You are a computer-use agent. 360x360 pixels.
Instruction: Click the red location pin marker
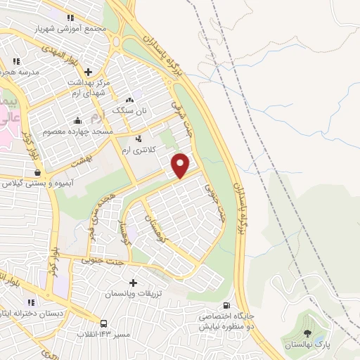pyautogui.click(x=181, y=165)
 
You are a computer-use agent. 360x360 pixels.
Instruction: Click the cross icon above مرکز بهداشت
pyautogui.click(x=88, y=72)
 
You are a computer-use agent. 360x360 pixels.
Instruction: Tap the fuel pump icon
pyautogui.click(x=225, y=306)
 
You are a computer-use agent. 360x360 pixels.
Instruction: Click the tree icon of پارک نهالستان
pyautogui.click(x=307, y=333)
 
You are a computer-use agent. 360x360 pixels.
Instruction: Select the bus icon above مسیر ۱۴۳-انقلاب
pyautogui.click(x=104, y=323)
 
